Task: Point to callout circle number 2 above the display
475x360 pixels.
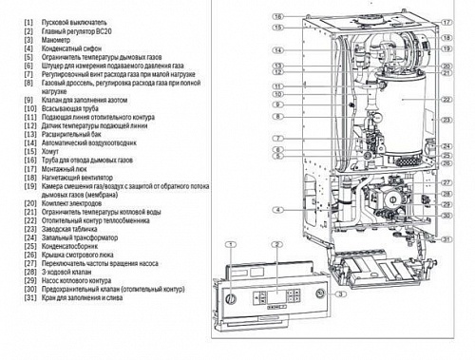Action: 276,244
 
